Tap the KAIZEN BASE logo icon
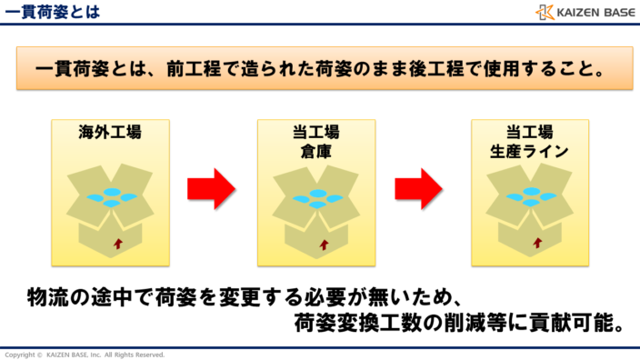[545, 12]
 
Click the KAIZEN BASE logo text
[592, 12]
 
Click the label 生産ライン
[529, 151]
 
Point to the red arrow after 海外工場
[211, 189]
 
